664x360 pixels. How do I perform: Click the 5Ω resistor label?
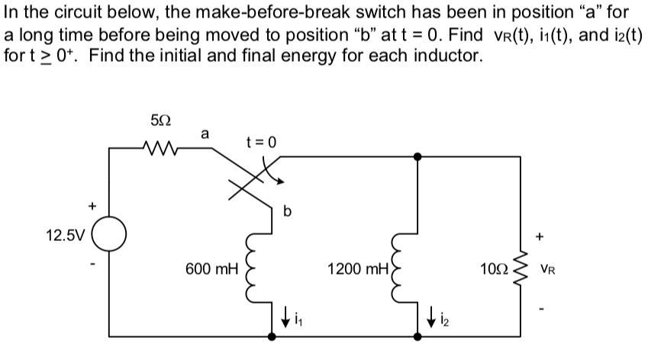tap(161, 121)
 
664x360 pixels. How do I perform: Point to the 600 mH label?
tap(211, 268)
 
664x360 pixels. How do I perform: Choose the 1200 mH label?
tap(357, 268)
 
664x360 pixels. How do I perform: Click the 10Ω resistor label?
tap(492, 268)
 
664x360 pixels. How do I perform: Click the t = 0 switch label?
tap(260, 141)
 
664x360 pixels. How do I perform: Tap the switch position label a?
tap(204, 133)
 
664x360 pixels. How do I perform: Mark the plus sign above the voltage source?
tap(93, 205)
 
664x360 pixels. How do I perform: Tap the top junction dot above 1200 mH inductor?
tap(417, 156)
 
